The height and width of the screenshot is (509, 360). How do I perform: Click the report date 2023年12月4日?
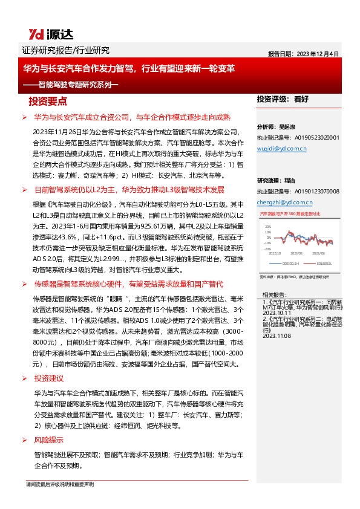coord(304,53)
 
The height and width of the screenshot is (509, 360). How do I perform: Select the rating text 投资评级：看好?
coord(283,99)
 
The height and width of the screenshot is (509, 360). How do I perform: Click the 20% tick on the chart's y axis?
coord(266,224)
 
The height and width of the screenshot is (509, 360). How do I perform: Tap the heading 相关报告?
coord(273,294)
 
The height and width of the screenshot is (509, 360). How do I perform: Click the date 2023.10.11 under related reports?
coord(276,313)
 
